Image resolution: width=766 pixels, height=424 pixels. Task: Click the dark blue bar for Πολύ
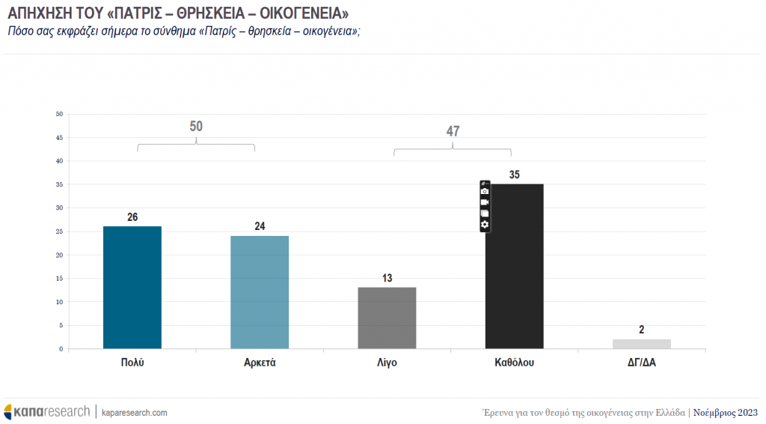132,288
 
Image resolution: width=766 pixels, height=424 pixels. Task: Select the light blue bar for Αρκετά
260,292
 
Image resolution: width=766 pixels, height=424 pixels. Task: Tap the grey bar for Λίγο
387,318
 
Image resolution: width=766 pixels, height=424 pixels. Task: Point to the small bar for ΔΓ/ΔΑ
642,344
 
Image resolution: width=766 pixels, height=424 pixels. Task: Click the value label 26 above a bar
132,217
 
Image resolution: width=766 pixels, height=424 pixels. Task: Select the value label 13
387,279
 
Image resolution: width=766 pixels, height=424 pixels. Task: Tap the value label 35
515,175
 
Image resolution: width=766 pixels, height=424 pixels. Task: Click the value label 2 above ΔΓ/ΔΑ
642,330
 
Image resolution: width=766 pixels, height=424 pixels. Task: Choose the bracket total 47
453,131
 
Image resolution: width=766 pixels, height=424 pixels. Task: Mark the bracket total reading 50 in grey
196,126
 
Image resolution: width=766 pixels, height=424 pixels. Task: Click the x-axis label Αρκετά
260,363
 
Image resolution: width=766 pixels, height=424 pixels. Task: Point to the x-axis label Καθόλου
515,363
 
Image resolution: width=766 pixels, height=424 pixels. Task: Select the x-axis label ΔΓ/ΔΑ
642,363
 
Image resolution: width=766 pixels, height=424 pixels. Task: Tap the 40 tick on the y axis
59,161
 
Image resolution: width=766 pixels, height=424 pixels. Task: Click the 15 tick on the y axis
59,279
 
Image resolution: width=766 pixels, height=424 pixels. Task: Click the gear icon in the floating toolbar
485,225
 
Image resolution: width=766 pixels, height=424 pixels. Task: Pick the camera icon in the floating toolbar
485,192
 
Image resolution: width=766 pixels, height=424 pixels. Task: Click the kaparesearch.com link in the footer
135,413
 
